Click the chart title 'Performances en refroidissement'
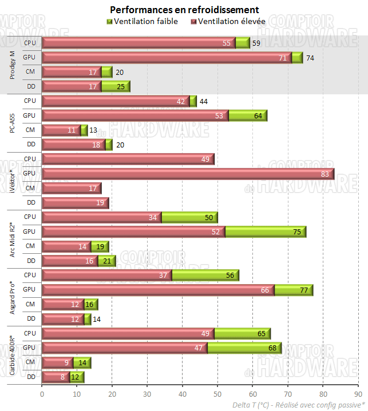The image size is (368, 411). pos(184,10)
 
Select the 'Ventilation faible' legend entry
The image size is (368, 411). pos(142,21)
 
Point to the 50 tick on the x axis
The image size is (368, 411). pos(217,394)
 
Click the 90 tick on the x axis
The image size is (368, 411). pos(358,394)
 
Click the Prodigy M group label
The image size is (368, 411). pos(12,64)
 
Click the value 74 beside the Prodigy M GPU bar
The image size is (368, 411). pos(310,57)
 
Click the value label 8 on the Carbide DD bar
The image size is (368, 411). pos(63,378)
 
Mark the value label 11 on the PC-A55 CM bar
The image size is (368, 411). pos(72,130)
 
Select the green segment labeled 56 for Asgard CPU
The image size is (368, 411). pos(205,276)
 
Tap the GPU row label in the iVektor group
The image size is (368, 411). pos(29,173)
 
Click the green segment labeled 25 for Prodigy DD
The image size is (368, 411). pos(116,86)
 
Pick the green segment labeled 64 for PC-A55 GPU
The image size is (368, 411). pos(248,115)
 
